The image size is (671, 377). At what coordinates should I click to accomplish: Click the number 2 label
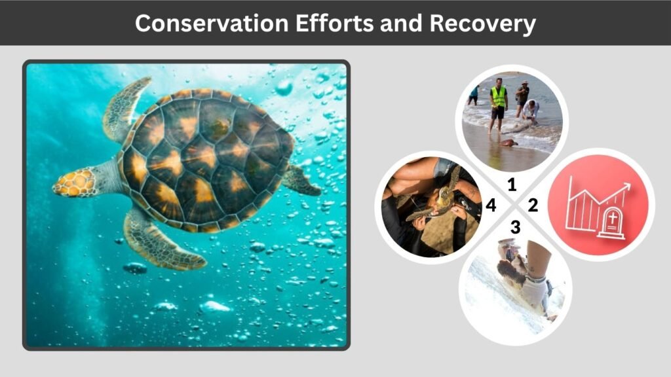click(x=532, y=206)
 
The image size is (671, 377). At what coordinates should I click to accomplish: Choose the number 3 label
click(x=515, y=227)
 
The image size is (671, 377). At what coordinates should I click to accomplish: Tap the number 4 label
click(x=491, y=206)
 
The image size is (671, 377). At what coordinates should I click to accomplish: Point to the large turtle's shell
click(x=203, y=157)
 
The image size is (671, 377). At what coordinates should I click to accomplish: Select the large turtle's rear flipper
click(x=301, y=180)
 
